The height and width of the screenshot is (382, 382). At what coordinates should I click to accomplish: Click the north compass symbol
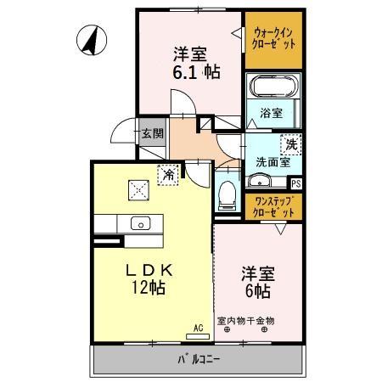pos(89,40)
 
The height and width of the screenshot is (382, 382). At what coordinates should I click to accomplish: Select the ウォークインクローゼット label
pos(273,38)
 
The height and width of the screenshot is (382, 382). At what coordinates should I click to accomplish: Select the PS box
pos(295,182)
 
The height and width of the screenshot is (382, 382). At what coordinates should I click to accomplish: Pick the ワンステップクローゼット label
pos(273,206)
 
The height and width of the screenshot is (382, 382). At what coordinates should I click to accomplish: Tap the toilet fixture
pos(227,194)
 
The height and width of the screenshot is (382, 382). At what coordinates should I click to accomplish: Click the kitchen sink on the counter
pos(140,223)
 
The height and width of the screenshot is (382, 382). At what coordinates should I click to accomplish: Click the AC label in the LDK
pos(198,326)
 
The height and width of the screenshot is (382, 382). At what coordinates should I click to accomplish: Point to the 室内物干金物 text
pos(246,320)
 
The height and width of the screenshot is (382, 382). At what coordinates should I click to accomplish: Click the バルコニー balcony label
pos(199,359)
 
